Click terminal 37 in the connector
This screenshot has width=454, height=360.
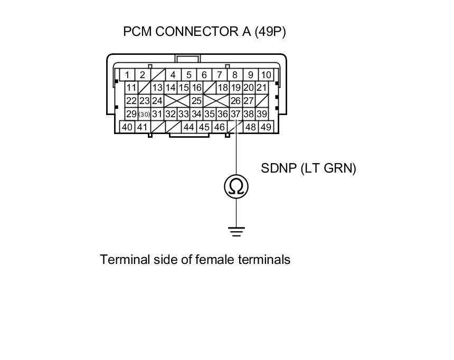coord(235,114)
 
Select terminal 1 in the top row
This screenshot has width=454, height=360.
coord(127,75)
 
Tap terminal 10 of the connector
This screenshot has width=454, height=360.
coord(266,75)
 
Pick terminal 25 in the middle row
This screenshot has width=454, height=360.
coord(196,101)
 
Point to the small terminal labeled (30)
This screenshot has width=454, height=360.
coord(144,114)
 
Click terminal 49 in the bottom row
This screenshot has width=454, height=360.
coord(266,127)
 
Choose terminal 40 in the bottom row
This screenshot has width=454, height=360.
coord(127,127)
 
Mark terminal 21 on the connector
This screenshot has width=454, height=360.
coord(261,88)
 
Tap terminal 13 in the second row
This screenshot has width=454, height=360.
coord(157,88)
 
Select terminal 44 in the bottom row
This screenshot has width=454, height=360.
coord(188,127)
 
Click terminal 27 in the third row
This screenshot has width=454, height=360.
coord(249,101)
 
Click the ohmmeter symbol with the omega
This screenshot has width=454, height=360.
coord(236,186)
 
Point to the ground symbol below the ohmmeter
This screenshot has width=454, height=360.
coord(236,231)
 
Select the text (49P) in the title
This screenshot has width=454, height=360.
coord(270,32)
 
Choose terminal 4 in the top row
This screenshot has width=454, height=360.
coord(173,75)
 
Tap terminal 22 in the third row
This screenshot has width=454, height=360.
coord(131,101)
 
